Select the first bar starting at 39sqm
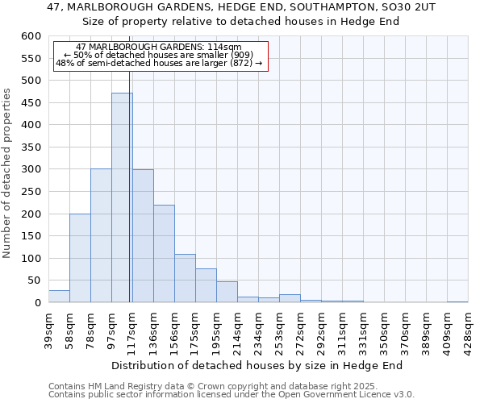click(x=59, y=297)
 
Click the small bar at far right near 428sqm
click(x=457, y=301)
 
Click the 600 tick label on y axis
click(x=31, y=36)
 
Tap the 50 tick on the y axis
click(x=34, y=280)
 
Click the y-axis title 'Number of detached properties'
click(x=8, y=173)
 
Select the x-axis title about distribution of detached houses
click(x=257, y=365)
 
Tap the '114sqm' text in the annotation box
click(x=223, y=48)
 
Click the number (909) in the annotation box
click(x=239, y=55)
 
